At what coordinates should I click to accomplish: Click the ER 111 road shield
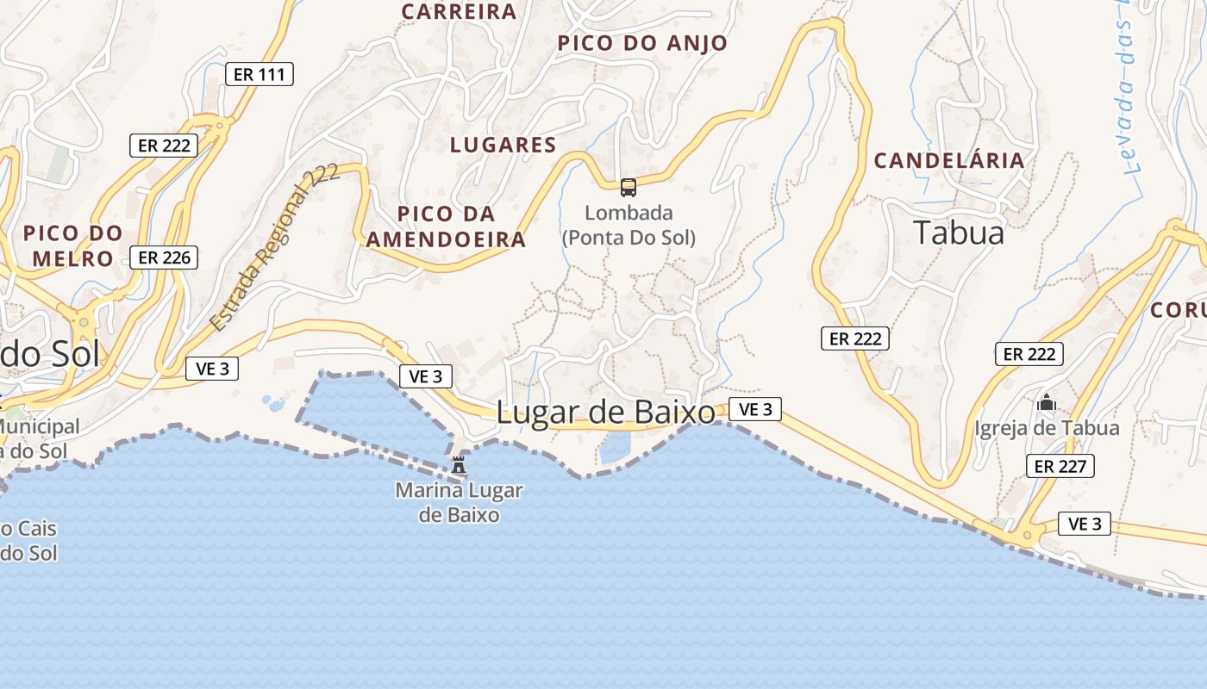pos(259,74)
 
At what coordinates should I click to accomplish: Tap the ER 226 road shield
pos(164,257)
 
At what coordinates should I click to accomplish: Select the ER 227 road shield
pos(1060,466)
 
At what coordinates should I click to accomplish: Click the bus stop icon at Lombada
pos(629,187)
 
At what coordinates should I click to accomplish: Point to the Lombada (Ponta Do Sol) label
pos(629,225)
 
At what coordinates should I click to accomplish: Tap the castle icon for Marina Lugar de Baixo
pos(459,465)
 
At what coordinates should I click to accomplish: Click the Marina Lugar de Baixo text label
pos(459,503)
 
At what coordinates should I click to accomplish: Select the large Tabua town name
pos(958,233)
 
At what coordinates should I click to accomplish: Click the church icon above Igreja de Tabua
pos(1047,402)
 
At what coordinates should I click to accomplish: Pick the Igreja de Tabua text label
pos(1047,428)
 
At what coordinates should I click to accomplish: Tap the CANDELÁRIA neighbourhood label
pos(949,160)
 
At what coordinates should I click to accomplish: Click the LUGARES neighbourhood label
pos(503,145)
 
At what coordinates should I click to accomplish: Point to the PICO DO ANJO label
pos(642,43)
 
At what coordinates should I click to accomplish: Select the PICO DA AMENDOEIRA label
pos(446,227)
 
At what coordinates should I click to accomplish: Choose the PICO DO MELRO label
pos(73,245)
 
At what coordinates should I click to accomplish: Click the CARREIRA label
pos(460,11)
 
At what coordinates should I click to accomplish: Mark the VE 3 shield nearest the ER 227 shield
pos(1085,524)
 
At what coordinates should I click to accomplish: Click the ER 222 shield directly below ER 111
pos(164,145)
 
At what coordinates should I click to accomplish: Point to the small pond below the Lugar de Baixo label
pos(616,447)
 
